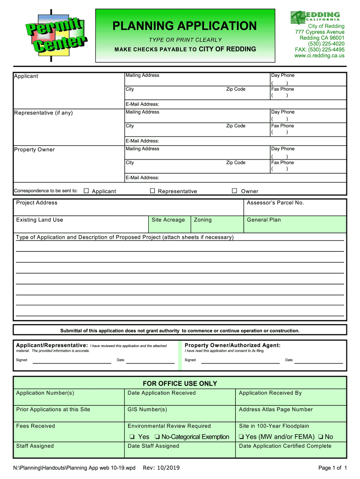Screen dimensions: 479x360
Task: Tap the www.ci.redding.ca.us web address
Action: pyautogui.click(x=319, y=55)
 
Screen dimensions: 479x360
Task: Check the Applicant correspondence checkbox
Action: pyautogui.click(x=86, y=191)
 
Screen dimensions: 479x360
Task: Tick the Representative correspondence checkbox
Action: pyautogui.click(x=152, y=191)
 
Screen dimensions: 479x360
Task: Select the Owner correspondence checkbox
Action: pyautogui.click(x=235, y=191)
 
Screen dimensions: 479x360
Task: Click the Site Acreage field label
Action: pyautogui.click(x=168, y=219)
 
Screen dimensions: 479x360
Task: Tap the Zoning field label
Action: pyautogui.click(x=202, y=219)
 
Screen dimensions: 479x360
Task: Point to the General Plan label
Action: pyautogui.click(x=264, y=219)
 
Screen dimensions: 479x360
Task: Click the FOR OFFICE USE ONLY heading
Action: pyautogui.click(x=180, y=384)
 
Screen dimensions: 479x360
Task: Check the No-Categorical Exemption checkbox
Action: pyautogui.click(x=158, y=437)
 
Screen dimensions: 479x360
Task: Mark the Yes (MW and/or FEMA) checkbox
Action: pyautogui.click(x=241, y=437)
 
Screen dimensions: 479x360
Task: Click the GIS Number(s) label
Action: pyautogui.click(x=147, y=409)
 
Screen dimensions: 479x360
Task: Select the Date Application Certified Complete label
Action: pyautogui.click(x=285, y=446)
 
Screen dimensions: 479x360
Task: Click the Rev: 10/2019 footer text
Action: pyautogui.click(x=161, y=468)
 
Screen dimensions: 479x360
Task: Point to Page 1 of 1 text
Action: pyautogui.click(x=332, y=468)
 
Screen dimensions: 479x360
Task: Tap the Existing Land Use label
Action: pyautogui.click(x=40, y=219)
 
